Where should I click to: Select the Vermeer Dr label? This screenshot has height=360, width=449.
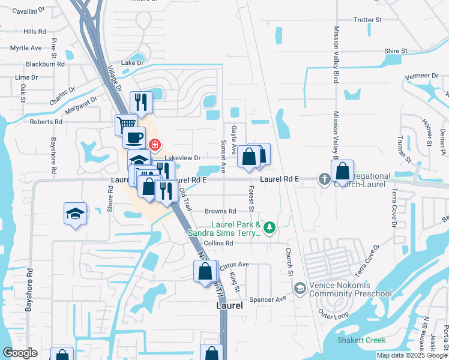pyautogui.click(x=421, y=76)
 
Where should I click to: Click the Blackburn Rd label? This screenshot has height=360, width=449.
pyautogui.click(x=45, y=64)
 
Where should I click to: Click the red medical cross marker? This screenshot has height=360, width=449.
pyautogui.click(x=155, y=145)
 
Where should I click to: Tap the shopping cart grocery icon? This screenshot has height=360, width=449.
pyautogui.click(x=125, y=124)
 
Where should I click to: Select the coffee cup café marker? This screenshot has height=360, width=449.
pyautogui.click(x=134, y=137)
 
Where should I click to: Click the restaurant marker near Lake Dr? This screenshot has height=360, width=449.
pyautogui.click(x=142, y=101)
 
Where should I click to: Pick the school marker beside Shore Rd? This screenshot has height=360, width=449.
pyautogui.click(x=76, y=214)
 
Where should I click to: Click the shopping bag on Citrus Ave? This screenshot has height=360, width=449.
pyautogui.click(x=205, y=271)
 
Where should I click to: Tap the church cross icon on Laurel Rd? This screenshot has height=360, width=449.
pyautogui.click(x=324, y=178)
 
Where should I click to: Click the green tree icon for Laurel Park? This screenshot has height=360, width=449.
pyautogui.click(x=270, y=227)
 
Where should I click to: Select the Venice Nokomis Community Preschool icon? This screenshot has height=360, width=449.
pyautogui.click(x=299, y=289)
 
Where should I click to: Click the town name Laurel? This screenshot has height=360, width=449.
pyautogui.click(x=229, y=305)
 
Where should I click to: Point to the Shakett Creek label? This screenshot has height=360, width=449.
pyautogui.click(x=353, y=340)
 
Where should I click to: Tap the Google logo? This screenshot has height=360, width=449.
pyautogui.click(x=20, y=353)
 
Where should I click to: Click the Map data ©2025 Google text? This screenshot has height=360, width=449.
pyautogui.click(x=412, y=355)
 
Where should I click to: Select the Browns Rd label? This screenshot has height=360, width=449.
pyautogui.click(x=220, y=211)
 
